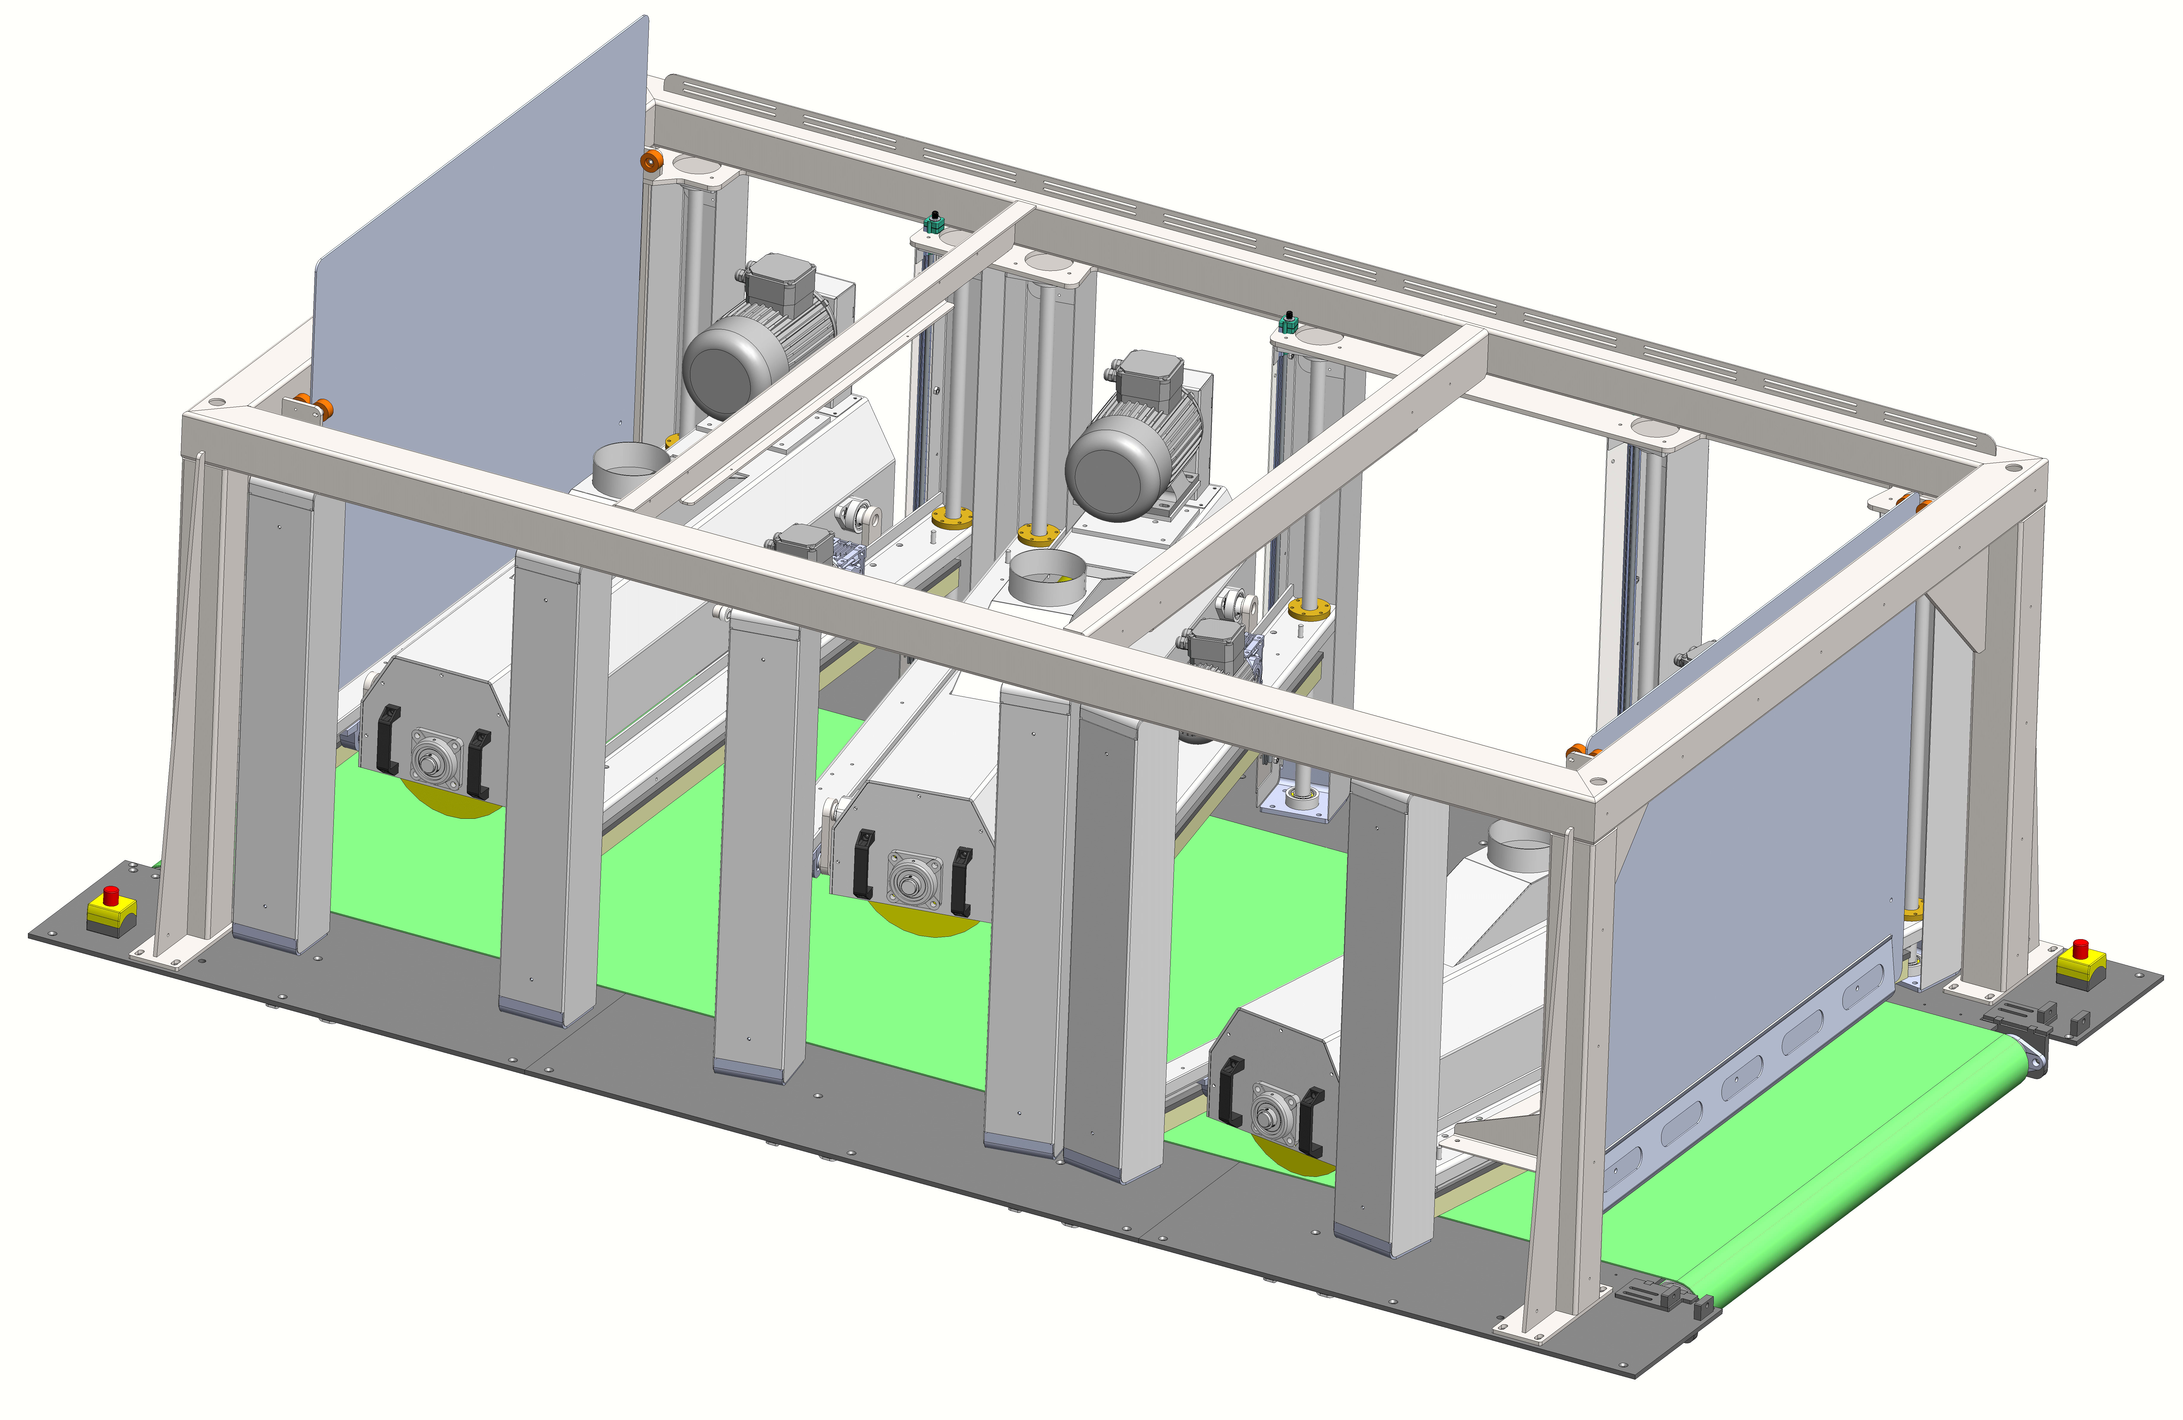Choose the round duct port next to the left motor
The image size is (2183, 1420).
(x=630, y=466)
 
